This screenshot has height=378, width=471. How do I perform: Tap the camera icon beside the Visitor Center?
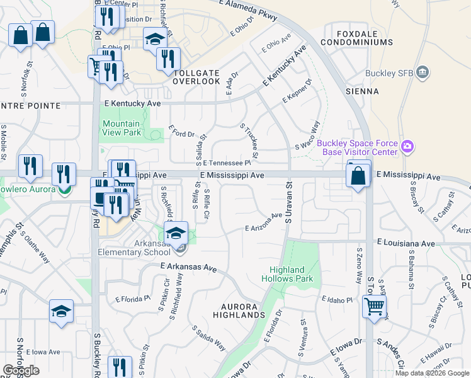pyautogui.click(x=407, y=147)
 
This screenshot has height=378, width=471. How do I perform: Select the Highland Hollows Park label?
pyautogui.click(x=287, y=274)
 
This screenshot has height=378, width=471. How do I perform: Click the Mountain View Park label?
pyautogui.click(x=122, y=129)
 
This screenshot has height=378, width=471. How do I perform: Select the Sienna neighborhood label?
pyautogui.click(x=362, y=91)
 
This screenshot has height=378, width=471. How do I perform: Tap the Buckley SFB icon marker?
pyautogui.click(x=423, y=72)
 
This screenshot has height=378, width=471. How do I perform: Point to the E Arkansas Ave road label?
pyautogui.click(x=188, y=267)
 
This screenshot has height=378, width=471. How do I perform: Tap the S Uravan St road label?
pyautogui.click(x=290, y=203)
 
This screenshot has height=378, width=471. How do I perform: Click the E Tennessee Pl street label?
pyautogui.click(x=227, y=163)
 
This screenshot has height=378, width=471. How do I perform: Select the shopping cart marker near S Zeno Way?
pyautogui.click(x=374, y=307)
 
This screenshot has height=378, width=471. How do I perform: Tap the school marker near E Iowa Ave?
pyautogui.click(x=61, y=311)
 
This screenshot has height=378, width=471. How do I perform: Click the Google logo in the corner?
pyautogui.click(x=21, y=370)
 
